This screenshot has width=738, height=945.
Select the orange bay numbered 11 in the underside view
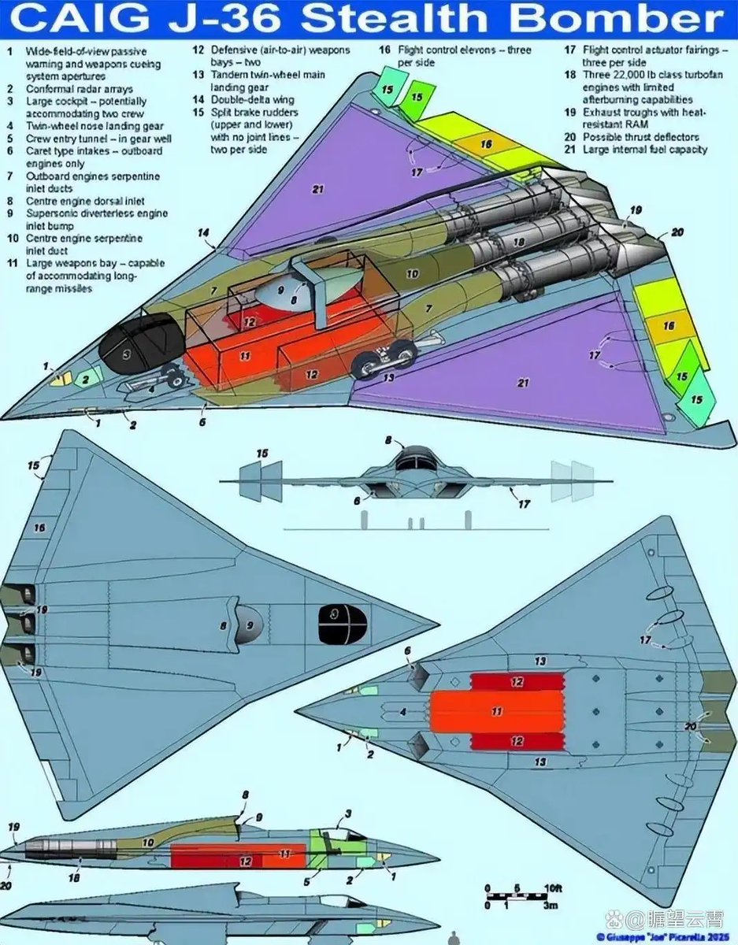pyautogui.click(x=496, y=711)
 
